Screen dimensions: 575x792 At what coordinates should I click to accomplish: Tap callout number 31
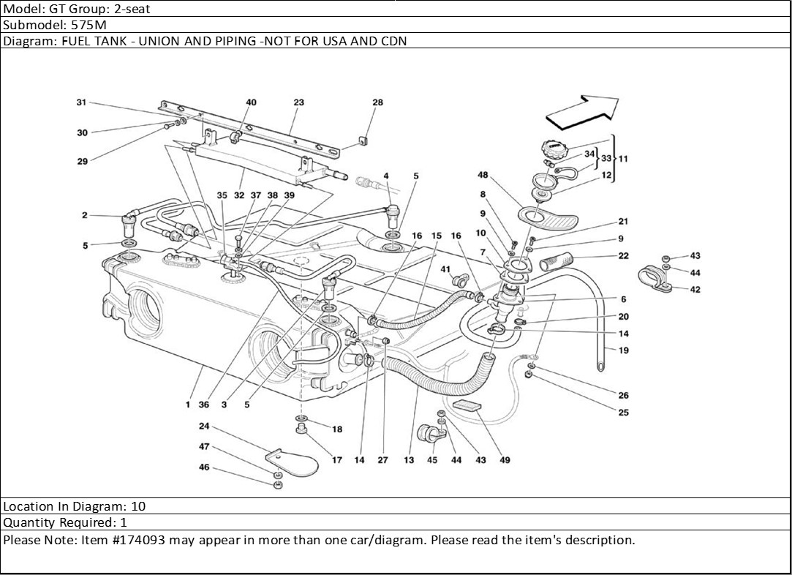tap(81, 102)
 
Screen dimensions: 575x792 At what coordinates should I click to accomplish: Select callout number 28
tap(377, 102)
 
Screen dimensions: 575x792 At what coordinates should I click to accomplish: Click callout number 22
tap(623, 256)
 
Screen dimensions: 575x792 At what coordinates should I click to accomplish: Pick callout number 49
tap(505, 460)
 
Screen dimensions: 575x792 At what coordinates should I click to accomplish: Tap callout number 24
tap(204, 426)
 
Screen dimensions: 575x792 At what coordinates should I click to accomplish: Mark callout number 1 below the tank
tap(188, 405)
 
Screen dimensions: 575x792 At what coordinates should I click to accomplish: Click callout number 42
tap(695, 289)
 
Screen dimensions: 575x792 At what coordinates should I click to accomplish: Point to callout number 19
tap(623, 350)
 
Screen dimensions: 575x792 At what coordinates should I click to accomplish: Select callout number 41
tap(445, 269)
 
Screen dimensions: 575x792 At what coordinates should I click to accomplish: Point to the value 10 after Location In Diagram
tap(139, 506)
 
